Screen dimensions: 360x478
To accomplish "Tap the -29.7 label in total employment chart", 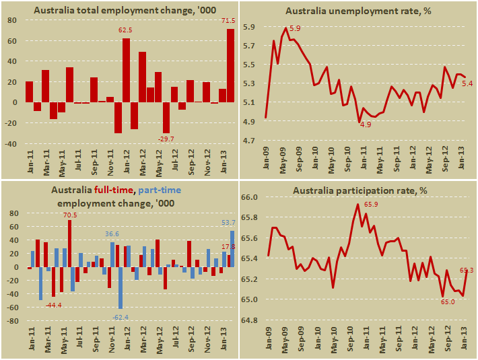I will pyautogui.click(x=166, y=139).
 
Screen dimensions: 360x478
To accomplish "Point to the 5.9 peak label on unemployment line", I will pyautogui.click(x=295, y=29).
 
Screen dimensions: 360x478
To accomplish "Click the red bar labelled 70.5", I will pyautogui.click(x=69, y=243).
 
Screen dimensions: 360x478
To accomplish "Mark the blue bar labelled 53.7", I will pyautogui.click(x=233, y=249).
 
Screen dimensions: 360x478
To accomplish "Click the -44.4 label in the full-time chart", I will pyautogui.click(x=54, y=305).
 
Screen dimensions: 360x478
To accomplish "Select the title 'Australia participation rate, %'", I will pyautogui.click(x=361, y=191).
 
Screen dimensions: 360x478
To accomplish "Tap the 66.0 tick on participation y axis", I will pyautogui.click(x=250, y=197).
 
